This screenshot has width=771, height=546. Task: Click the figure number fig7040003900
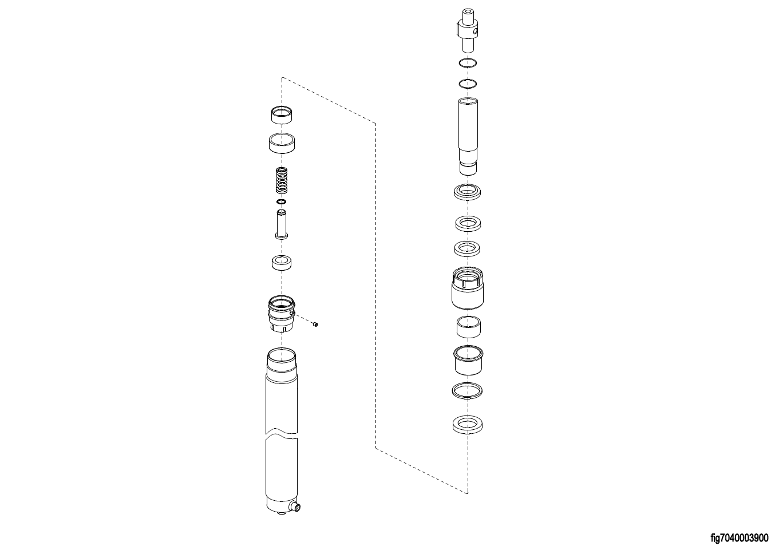[740, 537]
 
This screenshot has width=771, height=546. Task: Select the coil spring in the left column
[282, 180]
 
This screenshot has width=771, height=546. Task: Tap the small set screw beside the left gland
[315, 324]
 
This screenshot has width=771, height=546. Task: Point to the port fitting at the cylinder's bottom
[295, 507]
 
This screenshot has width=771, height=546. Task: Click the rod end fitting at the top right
[468, 30]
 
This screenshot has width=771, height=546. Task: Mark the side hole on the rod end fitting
[475, 32]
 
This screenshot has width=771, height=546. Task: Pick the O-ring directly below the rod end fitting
[468, 63]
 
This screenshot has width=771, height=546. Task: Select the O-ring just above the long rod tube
[468, 84]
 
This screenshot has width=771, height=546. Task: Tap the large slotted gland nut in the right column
[468, 288]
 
